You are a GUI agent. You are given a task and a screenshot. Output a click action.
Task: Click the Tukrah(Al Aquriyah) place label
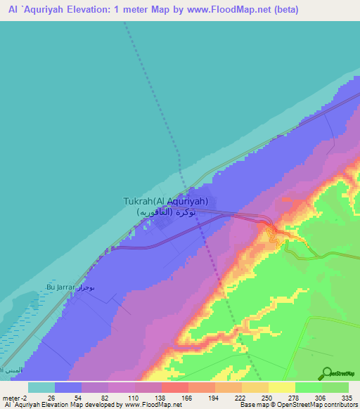pos(166,201)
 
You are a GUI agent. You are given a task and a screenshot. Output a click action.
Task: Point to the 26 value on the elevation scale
pos(51,397)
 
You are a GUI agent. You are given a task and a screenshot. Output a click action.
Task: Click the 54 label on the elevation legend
pos(78,397)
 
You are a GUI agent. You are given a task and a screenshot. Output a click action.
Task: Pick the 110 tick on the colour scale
pos(131,397)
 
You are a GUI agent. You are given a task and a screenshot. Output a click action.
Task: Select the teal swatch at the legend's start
pos(41,387)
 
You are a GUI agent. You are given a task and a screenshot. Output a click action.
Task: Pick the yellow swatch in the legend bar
pos(282,387)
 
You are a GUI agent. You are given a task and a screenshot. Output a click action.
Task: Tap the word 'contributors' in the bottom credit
pos(340,405)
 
